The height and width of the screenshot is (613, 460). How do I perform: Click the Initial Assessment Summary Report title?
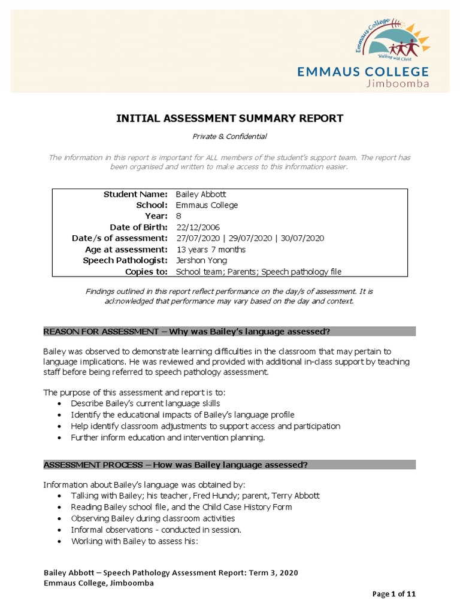[x=229, y=119]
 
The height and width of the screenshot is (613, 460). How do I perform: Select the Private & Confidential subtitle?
[x=229, y=136]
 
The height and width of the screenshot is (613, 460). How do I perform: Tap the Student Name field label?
[x=135, y=194]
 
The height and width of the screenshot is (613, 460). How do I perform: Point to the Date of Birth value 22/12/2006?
[x=198, y=227]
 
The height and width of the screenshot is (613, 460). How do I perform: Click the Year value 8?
[x=178, y=216]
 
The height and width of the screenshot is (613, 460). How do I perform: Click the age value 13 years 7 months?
[x=211, y=249]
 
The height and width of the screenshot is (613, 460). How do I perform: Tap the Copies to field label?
[x=146, y=272]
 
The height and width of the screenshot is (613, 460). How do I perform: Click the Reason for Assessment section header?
[x=187, y=332]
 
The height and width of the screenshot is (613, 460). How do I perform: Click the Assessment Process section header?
[x=176, y=465]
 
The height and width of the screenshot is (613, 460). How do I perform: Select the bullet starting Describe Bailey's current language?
[x=141, y=403]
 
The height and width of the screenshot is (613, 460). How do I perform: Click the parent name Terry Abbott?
[x=295, y=496]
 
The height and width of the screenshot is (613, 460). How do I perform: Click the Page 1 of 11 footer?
[x=394, y=594]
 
